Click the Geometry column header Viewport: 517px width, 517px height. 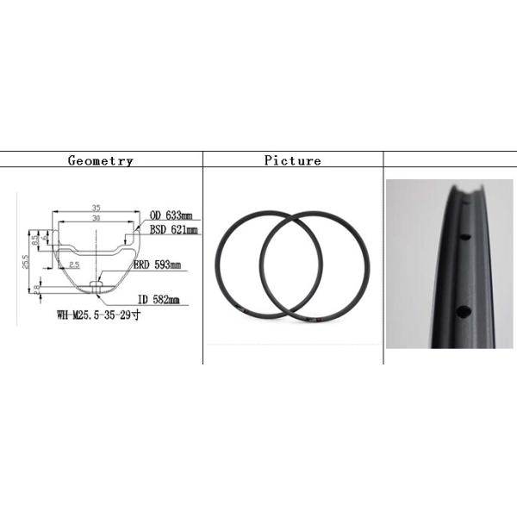[101, 160]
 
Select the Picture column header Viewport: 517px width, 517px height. [292, 160]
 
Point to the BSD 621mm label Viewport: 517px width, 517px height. [173, 230]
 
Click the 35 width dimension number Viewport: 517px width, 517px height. [96, 208]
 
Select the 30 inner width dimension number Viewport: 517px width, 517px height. [96, 219]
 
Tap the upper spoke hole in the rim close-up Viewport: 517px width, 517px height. [463, 237]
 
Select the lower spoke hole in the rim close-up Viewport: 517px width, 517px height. [463, 311]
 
